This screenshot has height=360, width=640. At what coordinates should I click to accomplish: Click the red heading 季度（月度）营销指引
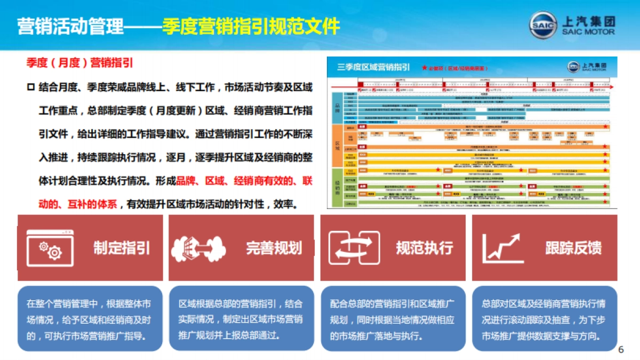click(79, 62)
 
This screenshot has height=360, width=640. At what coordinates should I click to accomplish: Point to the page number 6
click(620, 350)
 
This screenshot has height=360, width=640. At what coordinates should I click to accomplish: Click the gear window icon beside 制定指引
click(49, 248)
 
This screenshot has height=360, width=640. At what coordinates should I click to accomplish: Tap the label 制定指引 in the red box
click(122, 248)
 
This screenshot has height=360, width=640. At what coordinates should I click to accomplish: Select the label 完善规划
click(274, 248)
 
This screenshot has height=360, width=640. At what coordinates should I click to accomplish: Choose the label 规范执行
click(425, 248)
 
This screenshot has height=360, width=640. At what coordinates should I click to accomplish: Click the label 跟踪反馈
click(573, 248)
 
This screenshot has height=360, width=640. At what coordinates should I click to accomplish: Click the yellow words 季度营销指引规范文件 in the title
click(251, 25)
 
